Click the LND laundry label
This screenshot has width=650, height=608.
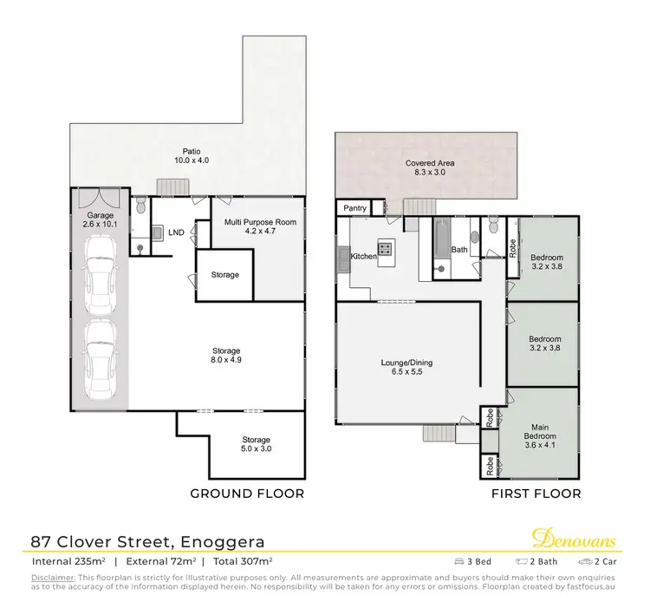point(176,232)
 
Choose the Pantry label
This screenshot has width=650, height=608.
point(355,208)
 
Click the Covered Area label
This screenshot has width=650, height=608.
point(430,168)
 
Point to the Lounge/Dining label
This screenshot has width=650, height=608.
point(406,368)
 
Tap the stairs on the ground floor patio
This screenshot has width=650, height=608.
point(171,187)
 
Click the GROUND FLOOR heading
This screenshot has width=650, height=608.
point(247,494)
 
